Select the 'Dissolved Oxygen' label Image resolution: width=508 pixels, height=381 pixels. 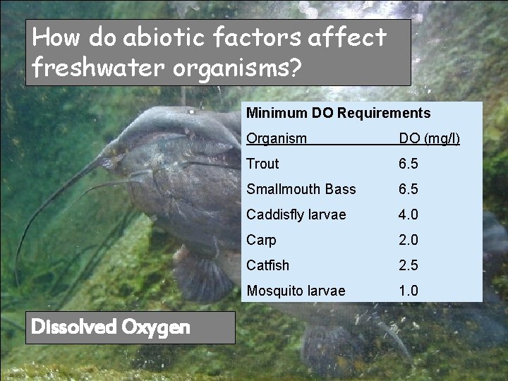point(111,327)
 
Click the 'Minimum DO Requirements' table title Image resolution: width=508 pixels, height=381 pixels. point(338,113)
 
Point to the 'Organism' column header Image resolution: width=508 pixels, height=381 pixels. point(277,138)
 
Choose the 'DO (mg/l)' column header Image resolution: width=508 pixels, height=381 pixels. point(429,138)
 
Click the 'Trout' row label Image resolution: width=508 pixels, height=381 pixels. point(262,164)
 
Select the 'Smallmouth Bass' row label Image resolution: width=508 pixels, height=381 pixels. point(301,189)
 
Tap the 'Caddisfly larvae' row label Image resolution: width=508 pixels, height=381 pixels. point(296,214)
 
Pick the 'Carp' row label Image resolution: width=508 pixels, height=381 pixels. point(261,240)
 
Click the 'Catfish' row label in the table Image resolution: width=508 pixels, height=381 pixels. point(267,265)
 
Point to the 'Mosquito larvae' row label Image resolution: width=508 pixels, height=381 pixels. point(296,291)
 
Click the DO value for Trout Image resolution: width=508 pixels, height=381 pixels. point(408,164)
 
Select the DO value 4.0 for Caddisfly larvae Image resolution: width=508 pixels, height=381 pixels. point(408,214)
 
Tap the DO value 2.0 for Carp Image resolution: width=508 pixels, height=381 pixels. point(408,240)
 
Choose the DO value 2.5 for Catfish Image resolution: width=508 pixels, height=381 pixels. point(408,265)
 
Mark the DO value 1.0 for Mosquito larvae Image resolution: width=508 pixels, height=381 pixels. point(408,291)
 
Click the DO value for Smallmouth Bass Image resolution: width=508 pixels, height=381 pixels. point(408,189)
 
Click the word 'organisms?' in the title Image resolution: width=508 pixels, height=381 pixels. point(234,68)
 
